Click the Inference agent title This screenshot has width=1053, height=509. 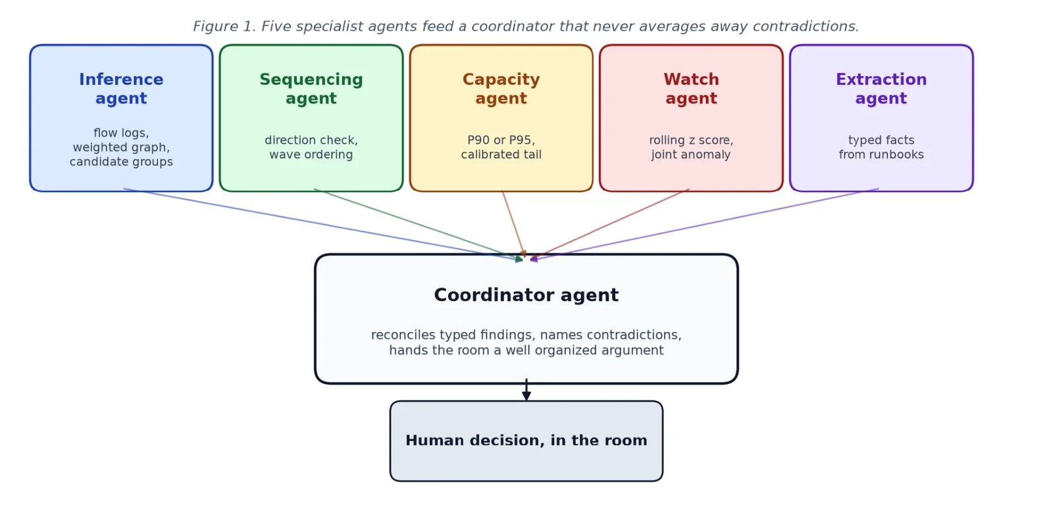121,89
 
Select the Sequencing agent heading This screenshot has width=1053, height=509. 311,89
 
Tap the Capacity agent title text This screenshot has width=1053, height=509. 501,89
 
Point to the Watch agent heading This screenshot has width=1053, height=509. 691,89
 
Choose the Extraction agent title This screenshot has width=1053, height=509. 881,89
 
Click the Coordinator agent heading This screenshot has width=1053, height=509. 526,295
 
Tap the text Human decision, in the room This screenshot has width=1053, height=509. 526,441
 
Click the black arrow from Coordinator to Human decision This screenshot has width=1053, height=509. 526,390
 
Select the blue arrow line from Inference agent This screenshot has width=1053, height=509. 322,224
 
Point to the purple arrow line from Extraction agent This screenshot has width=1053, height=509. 704,224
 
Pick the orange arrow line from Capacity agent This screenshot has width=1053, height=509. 514,224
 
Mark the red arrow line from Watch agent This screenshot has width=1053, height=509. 609,224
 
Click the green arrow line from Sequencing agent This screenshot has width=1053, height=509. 418,224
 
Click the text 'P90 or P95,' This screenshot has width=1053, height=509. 501,140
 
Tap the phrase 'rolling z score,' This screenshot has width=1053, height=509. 691,140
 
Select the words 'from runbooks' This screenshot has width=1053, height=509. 881,155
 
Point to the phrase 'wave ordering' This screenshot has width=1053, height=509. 311,155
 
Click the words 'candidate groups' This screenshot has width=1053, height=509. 121,162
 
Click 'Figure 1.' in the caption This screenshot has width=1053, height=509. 224,26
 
